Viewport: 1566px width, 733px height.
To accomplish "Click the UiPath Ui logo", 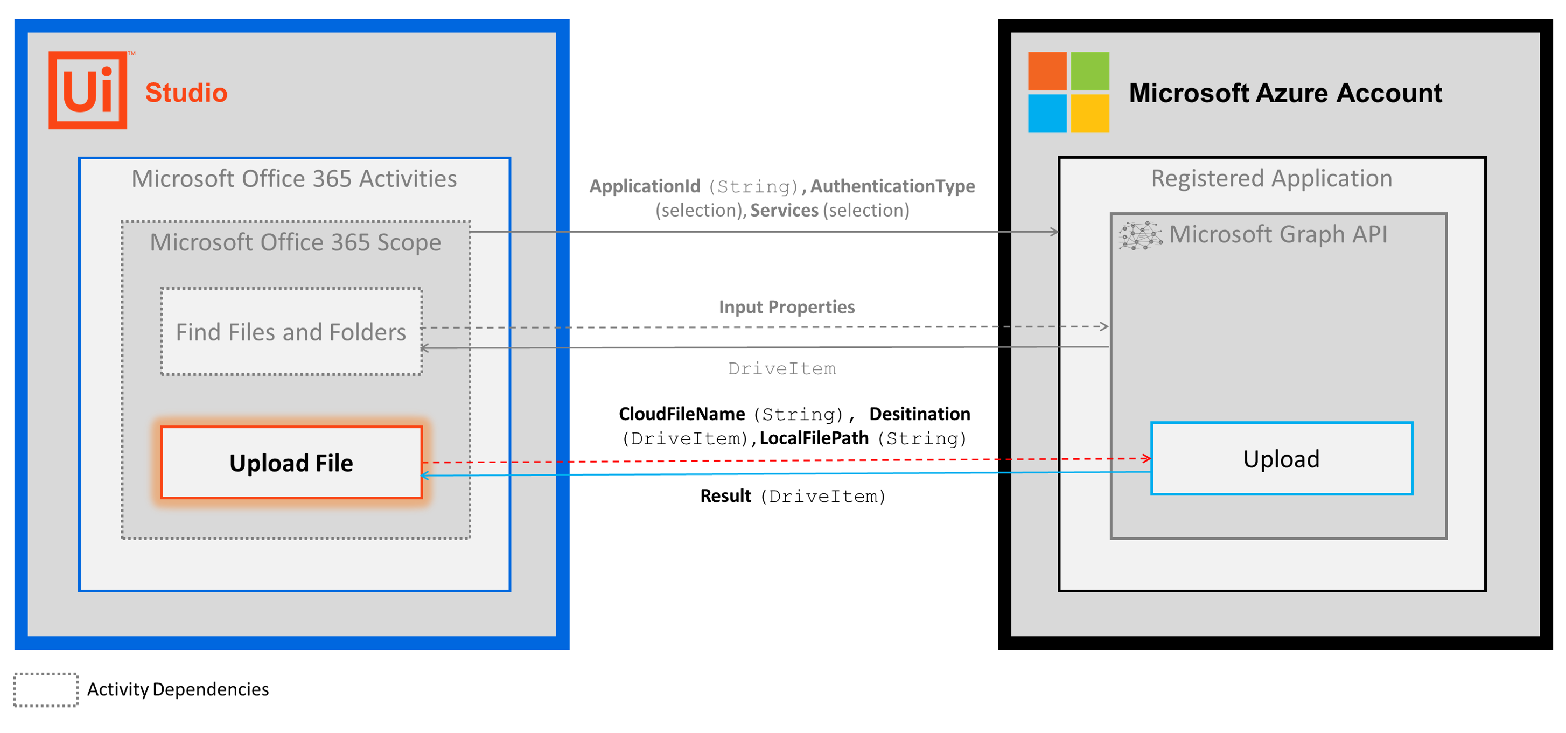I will (x=88, y=90).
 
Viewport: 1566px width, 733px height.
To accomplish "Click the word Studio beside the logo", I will (x=186, y=93).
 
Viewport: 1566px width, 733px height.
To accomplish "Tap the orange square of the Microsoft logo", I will (x=1047, y=71).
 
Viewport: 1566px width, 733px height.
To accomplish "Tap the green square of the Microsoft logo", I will (x=1089, y=71).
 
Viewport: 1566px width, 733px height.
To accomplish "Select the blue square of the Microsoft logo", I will (x=1047, y=113).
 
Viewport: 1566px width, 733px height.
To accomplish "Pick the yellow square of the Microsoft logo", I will (x=1089, y=113).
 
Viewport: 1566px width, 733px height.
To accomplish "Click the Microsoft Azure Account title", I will (x=1284, y=93).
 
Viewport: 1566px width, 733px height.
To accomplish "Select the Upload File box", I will (x=291, y=463).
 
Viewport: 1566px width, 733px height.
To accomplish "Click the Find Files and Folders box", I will (x=291, y=332).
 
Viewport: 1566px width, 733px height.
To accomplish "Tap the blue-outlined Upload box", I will (x=1281, y=459).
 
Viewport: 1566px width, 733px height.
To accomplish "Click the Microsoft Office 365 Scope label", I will (x=296, y=242).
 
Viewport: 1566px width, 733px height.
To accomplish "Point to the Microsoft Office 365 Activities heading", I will (x=294, y=179).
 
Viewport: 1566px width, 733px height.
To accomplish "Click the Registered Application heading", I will (x=1271, y=178).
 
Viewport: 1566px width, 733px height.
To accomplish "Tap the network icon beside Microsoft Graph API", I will (x=1140, y=235).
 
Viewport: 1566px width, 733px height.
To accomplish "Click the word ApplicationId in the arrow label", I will (x=645, y=186).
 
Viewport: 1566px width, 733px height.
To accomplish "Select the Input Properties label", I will (x=786, y=307).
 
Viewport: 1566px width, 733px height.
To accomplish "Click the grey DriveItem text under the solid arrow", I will (x=782, y=368).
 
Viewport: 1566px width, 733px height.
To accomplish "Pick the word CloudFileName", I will (x=681, y=414).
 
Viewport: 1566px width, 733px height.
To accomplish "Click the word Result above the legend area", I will (x=725, y=496).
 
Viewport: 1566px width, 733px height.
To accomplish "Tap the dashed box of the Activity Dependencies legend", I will (x=46, y=689).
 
